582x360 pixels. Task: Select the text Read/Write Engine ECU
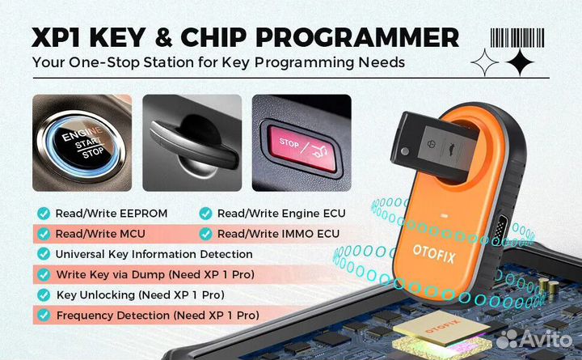[281, 214]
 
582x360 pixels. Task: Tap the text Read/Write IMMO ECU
[277, 234]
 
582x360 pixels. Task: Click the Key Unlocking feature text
[139, 294]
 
